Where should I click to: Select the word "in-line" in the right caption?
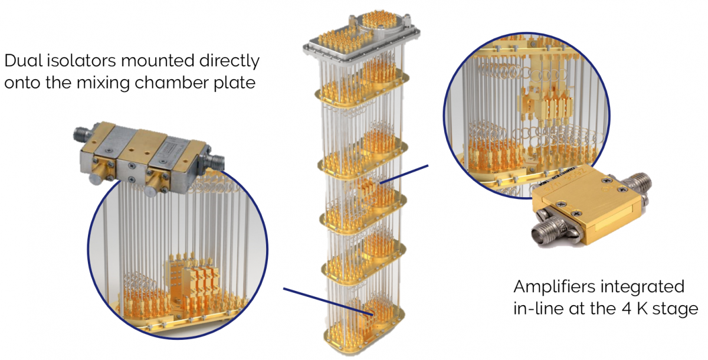click(x=537, y=309)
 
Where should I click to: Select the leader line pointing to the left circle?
click(x=324, y=299)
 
